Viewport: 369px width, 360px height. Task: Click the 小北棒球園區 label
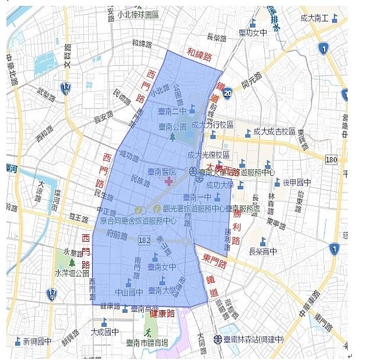138,14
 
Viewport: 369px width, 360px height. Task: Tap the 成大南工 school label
315,18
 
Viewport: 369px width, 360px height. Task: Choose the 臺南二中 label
172,111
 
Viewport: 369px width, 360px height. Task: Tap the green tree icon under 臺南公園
172,137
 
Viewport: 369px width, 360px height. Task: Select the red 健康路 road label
162,313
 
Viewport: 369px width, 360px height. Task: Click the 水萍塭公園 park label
72,274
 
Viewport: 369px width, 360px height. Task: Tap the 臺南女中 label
162,267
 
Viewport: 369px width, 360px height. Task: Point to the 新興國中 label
37,342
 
